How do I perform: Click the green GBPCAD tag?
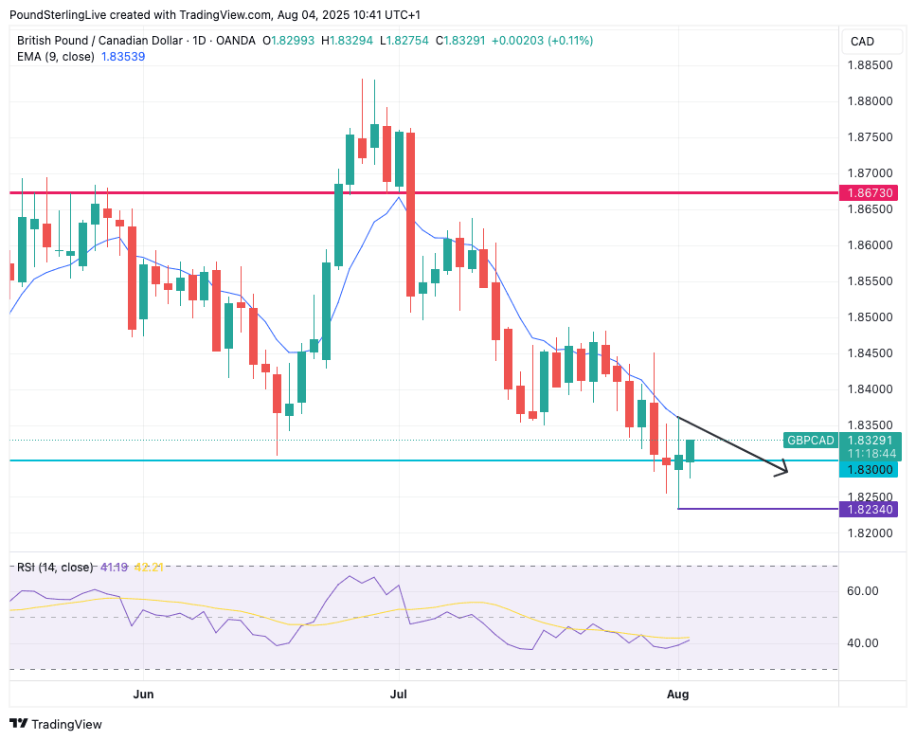[810, 441]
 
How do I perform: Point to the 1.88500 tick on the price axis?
[869, 65]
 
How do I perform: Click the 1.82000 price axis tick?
[869, 533]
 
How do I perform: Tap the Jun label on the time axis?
[143, 694]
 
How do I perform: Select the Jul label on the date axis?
[399, 694]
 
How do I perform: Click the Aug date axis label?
[678, 694]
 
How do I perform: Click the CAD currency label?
[862, 42]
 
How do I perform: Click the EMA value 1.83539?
[126, 57]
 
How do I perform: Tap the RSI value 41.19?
[113, 567]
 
